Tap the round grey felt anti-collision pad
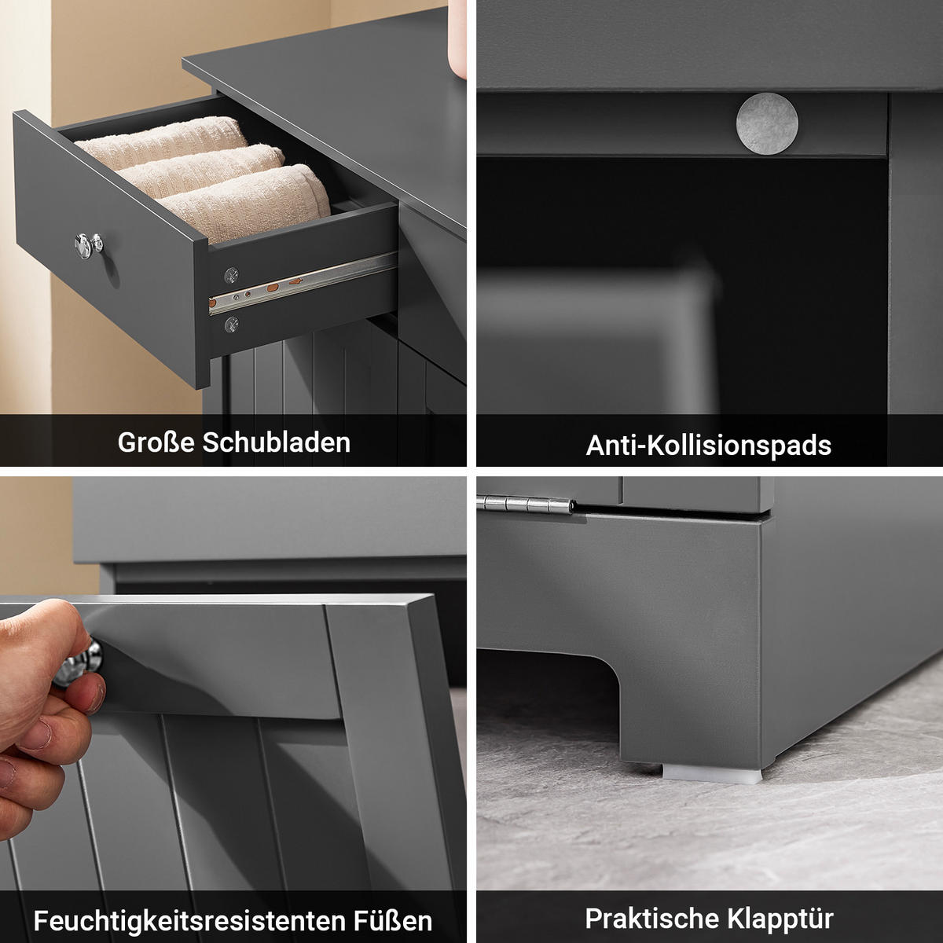[767, 122]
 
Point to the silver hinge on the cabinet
[530, 506]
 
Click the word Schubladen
[276, 442]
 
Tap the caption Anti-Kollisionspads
[708, 446]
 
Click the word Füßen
[392, 921]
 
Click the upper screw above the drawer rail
[230, 274]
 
